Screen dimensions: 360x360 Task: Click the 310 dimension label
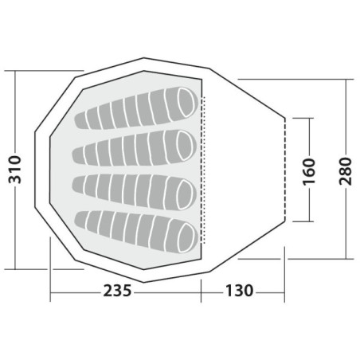pos(15,170)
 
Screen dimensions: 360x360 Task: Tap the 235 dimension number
pos(117,291)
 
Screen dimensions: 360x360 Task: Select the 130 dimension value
pos(239,291)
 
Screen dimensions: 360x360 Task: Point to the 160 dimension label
pos(309,171)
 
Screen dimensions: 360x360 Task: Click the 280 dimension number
pos(346,171)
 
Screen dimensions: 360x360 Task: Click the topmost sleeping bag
pos(137,108)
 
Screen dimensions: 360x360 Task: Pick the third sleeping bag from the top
pos(135,191)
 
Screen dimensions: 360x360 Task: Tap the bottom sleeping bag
pos(137,231)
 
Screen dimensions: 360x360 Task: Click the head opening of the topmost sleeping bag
pos(186,102)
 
